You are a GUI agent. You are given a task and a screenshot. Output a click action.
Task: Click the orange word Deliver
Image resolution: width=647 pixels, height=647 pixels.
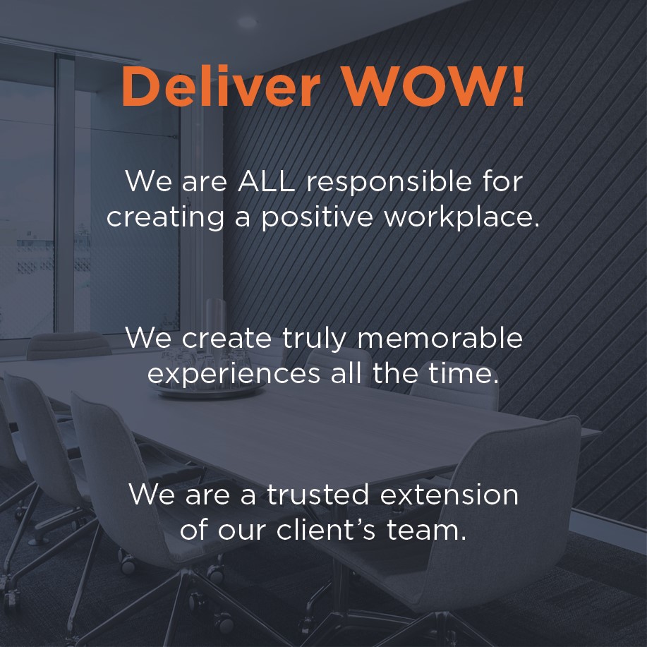tap(221, 86)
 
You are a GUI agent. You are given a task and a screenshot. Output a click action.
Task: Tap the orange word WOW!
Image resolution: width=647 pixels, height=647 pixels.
tap(434, 86)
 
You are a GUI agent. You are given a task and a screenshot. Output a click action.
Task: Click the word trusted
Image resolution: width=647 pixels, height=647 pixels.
tap(318, 495)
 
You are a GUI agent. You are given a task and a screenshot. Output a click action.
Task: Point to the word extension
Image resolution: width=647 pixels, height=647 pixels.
tap(449, 495)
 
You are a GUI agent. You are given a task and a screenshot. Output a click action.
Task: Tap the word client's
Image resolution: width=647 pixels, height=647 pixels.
tap(326, 529)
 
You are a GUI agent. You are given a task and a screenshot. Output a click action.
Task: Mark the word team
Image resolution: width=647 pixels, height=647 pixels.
tap(426, 530)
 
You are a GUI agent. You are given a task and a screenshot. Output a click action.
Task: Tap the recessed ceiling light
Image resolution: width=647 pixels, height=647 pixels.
tap(247, 21)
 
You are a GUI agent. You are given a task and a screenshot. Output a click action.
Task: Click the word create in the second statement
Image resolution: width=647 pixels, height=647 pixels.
tap(226, 338)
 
